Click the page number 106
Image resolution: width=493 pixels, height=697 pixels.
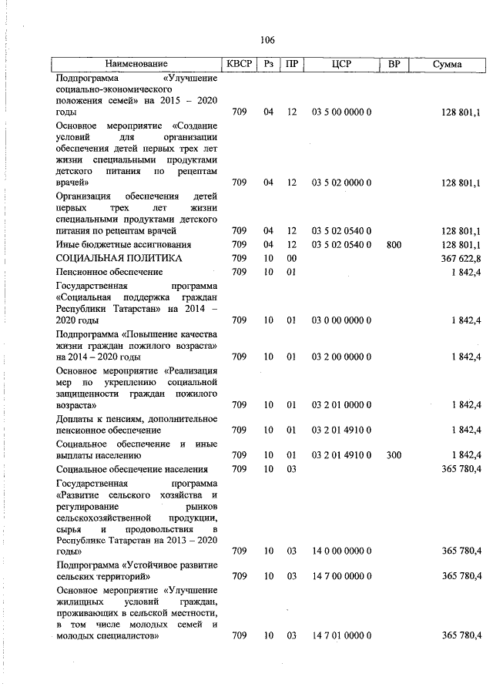click(268, 40)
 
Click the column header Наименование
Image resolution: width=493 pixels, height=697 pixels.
click(136, 64)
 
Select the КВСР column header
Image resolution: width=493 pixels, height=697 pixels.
click(239, 64)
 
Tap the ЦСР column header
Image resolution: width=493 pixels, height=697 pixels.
click(341, 64)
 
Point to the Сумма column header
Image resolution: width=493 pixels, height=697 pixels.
click(447, 64)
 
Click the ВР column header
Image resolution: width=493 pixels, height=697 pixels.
click(394, 64)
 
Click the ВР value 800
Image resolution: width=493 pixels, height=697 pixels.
click(394, 244)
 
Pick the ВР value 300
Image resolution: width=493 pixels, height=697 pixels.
click(394, 455)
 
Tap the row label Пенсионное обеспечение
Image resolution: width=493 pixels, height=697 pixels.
click(109, 272)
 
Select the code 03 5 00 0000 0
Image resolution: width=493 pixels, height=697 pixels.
click(341, 112)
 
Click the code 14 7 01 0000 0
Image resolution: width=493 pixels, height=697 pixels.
click(341, 635)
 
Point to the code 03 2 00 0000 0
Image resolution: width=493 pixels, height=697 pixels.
click(341, 357)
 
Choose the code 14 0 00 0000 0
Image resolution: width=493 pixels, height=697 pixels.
click(341, 551)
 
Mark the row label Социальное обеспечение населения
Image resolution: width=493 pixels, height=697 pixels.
click(132, 469)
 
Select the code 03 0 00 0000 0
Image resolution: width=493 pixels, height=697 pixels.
click(341, 320)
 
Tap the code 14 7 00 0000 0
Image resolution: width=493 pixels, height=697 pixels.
click(341, 575)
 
